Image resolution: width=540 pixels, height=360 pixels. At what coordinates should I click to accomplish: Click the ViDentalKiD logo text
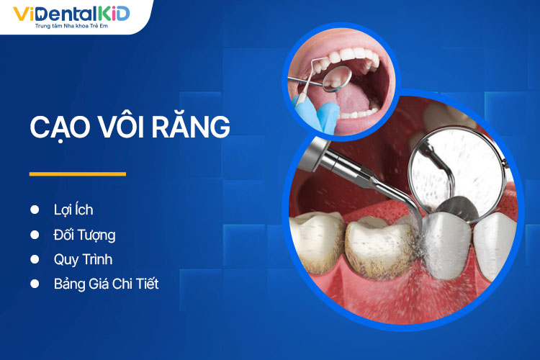(x=71, y=13)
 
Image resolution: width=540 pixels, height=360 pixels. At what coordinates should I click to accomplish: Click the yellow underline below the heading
(x=77, y=174)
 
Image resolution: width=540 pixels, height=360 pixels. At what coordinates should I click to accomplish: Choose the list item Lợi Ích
(x=73, y=210)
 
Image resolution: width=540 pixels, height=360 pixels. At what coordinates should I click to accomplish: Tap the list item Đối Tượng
(x=84, y=235)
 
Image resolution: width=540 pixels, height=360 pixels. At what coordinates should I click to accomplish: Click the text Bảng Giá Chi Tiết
(x=106, y=284)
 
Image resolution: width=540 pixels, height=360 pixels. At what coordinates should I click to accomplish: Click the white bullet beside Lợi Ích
(x=34, y=210)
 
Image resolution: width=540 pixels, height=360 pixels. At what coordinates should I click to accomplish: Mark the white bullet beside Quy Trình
(x=34, y=259)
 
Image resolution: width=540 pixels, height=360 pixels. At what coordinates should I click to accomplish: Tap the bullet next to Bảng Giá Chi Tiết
(x=34, y=284)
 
